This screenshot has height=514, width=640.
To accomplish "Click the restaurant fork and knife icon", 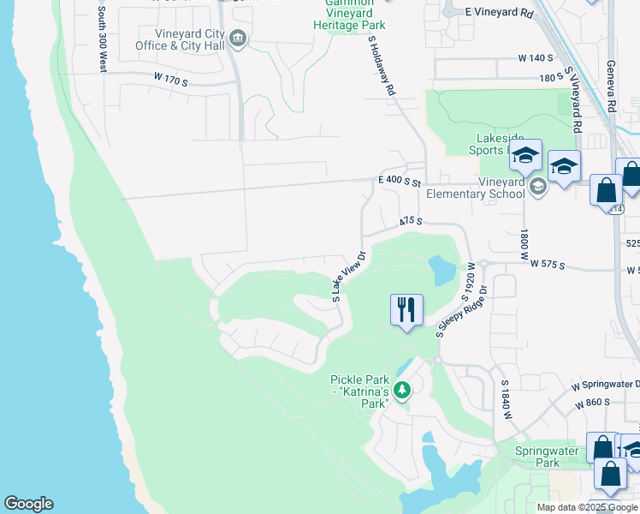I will (x=406, y=309).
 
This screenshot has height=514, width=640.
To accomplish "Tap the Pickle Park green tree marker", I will (x=401, y=391).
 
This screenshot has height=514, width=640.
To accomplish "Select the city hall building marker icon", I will (x=239, y=39).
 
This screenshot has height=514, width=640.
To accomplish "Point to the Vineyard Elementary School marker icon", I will (x=537, y=187).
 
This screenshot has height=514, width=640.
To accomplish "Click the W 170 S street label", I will (x=170, y=78).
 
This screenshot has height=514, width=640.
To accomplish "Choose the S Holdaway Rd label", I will (x=382, y=65).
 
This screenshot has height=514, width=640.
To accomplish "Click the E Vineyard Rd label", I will (x=499, y=15).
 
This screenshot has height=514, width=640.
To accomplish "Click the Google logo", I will (x=28, y=504).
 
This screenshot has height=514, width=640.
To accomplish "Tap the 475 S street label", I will (x=412, y=220).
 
